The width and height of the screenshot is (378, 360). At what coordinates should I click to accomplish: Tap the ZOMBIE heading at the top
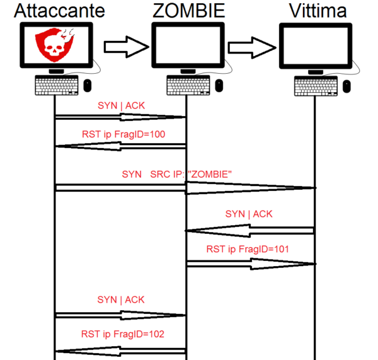[x=188, y=11]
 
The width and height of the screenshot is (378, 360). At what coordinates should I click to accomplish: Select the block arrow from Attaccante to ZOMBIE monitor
[x=125, y=45]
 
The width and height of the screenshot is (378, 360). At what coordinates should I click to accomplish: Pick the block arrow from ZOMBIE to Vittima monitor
[x=252, y=45]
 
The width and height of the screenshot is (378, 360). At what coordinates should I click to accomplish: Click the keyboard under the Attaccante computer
[x=57, y=84]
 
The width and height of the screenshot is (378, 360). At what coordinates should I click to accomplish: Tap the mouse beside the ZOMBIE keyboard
[x=219, y=84]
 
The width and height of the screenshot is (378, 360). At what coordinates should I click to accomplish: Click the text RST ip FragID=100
[x=123, y=134]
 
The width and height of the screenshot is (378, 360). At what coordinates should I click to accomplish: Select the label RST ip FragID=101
[x=248, y=249]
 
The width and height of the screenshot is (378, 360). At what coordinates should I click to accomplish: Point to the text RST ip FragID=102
[x=123, y=334]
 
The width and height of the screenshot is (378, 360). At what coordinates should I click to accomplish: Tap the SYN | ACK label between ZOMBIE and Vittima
[x=249, y=214]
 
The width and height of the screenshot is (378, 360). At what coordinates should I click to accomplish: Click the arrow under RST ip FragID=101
[x=250, y=263]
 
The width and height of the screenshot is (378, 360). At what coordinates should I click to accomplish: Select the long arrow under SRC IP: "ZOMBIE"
[x=186, y=187]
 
